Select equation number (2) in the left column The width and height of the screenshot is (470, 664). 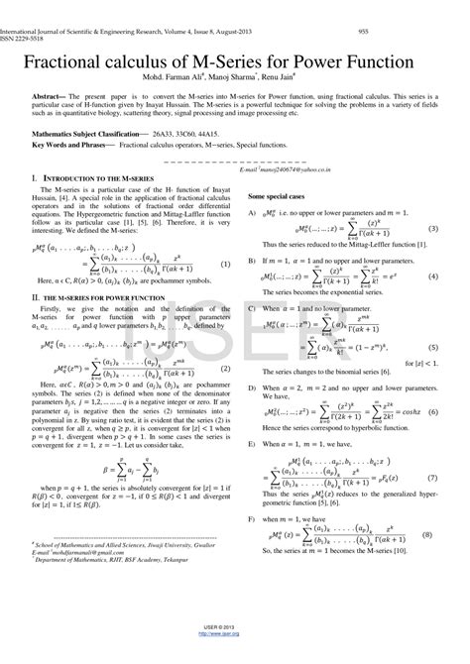click(227, 366)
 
